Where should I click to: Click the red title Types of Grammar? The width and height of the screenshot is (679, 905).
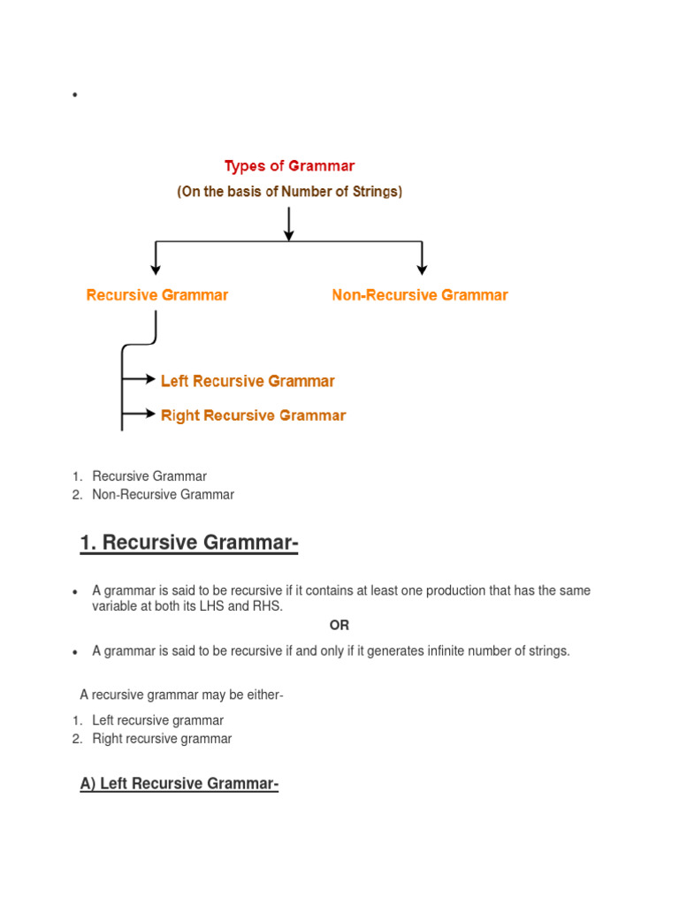(x=289, y=166)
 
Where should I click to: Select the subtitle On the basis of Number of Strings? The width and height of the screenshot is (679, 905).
(x=289, y=192)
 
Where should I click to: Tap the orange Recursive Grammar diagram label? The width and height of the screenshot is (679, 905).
(x=157, y=295)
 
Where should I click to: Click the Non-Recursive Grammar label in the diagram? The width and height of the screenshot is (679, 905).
(x=420, y=295)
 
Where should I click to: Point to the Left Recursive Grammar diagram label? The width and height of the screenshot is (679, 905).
(x=248, y=382)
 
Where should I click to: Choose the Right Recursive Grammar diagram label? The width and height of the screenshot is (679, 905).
(x=253, y=415)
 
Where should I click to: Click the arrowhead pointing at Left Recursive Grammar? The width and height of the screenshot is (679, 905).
(x=150, y=379)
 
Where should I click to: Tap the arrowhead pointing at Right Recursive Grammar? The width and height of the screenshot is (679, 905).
(x=150, y=413)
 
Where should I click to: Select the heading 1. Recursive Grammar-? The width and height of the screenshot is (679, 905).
(x=188, y=543)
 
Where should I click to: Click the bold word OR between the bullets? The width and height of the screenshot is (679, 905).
(x=339, y=625)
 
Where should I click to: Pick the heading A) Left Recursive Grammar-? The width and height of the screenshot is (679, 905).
(x=179, y=784)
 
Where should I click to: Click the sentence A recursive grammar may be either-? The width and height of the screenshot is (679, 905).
(x=181, y=696)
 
